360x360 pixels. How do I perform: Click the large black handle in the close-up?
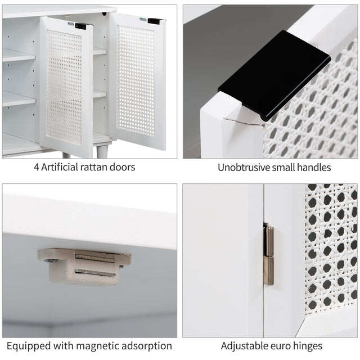point(274,76)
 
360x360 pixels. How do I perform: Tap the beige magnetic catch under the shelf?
point(84,266)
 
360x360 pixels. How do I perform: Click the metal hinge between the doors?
point(268,255)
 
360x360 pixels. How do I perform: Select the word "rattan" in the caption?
point(93,167)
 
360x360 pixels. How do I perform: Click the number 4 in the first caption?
point(36,168)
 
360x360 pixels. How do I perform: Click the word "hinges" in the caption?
point(308,346)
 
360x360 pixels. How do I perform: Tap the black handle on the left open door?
point(82,26)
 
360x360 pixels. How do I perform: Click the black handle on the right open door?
point(154,21)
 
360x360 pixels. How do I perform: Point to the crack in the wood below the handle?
point(244,122)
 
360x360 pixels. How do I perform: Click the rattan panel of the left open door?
point(64,87)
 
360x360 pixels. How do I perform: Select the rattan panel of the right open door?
point(136,80)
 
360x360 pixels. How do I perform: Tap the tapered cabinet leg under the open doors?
point(102,151)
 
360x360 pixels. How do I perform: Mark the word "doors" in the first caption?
point(122,167)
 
